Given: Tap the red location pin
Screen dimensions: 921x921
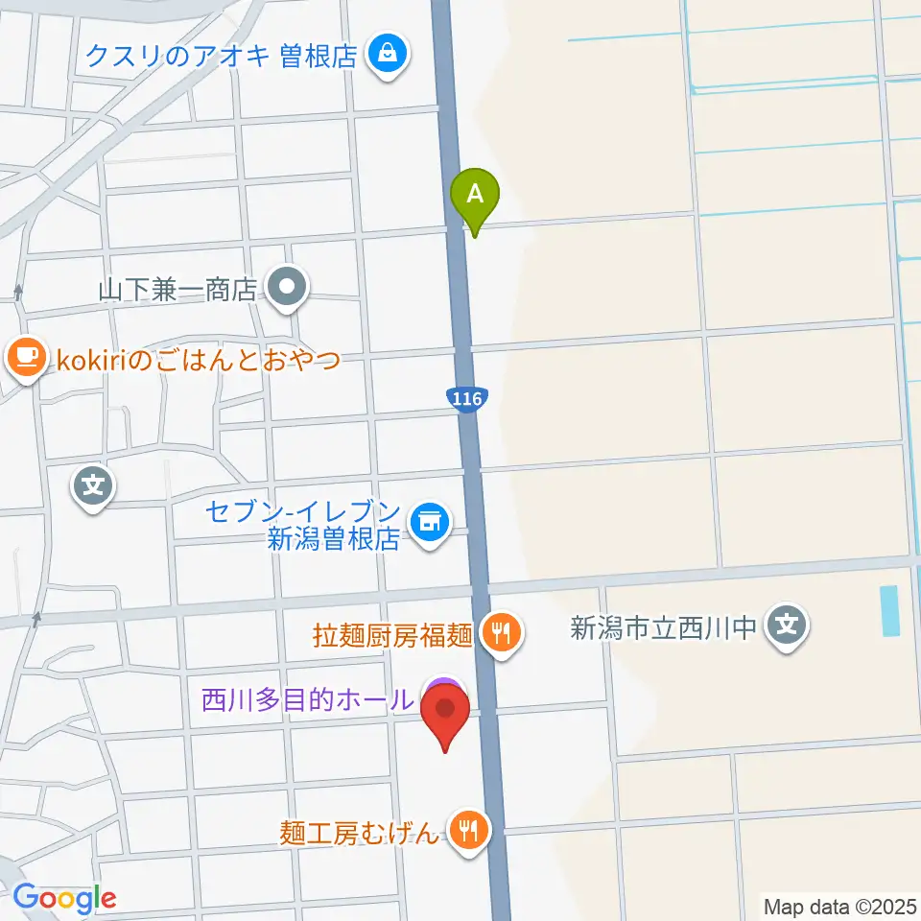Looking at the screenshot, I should point(445,716).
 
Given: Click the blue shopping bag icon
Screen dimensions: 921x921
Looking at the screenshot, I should point(388,54).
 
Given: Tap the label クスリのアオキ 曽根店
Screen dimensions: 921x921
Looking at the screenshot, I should point(222,55).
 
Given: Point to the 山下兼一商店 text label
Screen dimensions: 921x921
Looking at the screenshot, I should point(178,289).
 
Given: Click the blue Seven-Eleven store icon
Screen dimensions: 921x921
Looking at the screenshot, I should point(428,523).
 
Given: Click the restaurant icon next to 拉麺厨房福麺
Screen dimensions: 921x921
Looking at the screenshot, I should point(500,632).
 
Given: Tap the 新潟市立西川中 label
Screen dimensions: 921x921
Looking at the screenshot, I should point(666,629).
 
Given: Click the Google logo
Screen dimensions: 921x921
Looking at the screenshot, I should point(63,898).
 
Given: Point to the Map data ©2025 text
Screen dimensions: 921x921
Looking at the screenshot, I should point(839,905).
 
